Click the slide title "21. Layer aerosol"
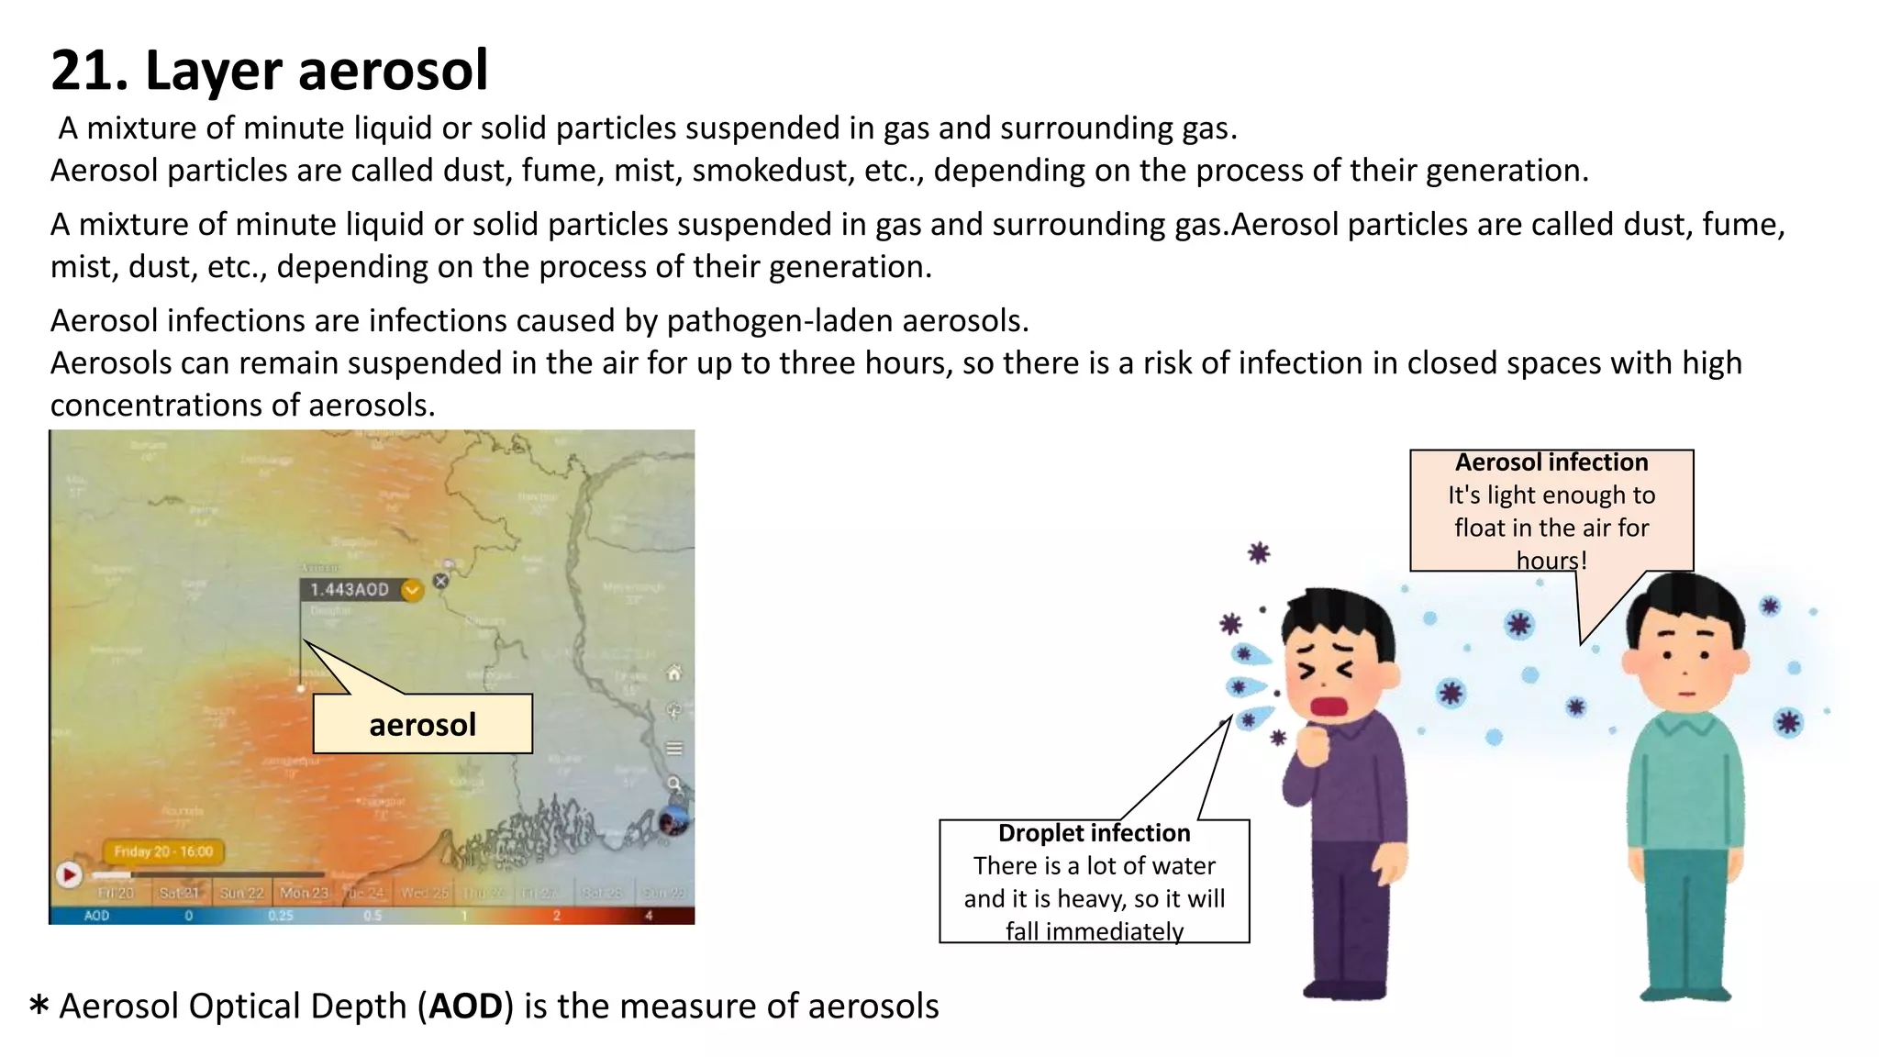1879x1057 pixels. [269, 71]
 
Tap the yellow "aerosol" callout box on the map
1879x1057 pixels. [422, 725]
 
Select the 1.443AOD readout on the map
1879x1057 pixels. [350, 590]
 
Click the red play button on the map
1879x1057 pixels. [69, 874]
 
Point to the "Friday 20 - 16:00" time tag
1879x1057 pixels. [163, 851]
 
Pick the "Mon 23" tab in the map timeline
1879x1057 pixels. [304, 893]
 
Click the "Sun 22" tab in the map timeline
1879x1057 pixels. [241, 893]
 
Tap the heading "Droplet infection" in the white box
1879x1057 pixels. [1094, 833]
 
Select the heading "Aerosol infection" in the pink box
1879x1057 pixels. [1551, 462]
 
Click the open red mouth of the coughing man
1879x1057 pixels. [1327, 707]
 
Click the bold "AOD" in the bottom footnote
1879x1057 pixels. [465, 1007]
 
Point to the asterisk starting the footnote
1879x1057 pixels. [39, 1005]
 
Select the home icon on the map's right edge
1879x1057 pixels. [674, 673]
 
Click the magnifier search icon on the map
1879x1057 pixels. [674, 784]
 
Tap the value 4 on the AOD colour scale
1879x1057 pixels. [649, 916]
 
